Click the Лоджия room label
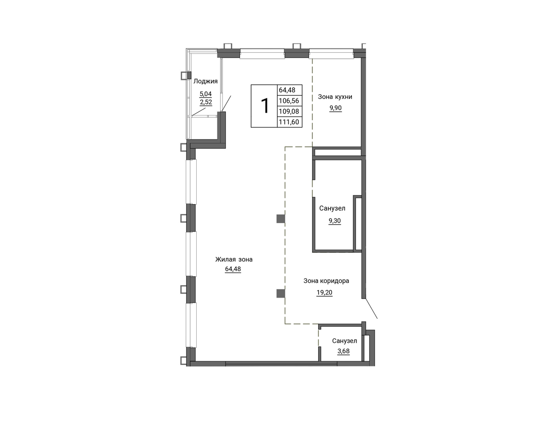point(205,81)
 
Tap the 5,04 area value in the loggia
point(205,94)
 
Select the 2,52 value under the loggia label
point(206,102)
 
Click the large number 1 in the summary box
point(265,106)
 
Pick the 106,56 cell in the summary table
point(289,101)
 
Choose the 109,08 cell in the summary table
point(289,111)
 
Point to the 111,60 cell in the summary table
point(289,122)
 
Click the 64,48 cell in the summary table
point(287,90)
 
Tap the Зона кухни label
point(335,97)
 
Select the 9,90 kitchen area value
point(336,108)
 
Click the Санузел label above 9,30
point(332,208)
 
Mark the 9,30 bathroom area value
point(335,221)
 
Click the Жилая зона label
point(234,259)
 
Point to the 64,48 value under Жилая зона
point(233,269)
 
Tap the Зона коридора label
point(326,281)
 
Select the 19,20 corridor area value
point(324,292)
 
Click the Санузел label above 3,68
point(344,341)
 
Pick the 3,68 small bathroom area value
point(343,351)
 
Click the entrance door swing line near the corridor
point(371,308)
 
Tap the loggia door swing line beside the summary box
point(227,103)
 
